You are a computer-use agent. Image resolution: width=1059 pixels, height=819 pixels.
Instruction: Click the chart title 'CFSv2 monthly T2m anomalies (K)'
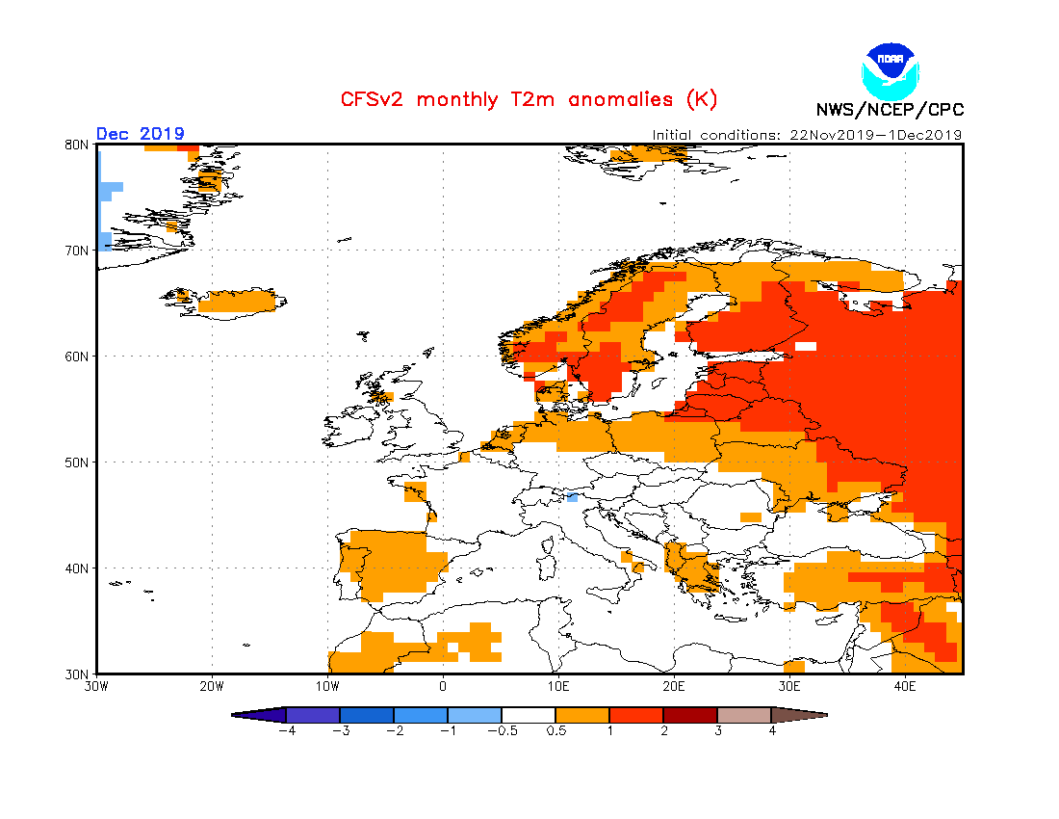529,99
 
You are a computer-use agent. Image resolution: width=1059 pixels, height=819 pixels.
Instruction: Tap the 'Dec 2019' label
140,134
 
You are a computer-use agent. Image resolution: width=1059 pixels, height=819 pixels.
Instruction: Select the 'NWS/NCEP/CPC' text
890,110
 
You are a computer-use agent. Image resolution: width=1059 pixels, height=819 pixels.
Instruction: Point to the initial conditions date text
807,135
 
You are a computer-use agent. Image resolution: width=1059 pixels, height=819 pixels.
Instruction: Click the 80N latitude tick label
77,145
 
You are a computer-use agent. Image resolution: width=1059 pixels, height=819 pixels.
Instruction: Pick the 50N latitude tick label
77,462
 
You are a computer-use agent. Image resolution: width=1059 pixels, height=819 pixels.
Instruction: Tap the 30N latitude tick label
77,674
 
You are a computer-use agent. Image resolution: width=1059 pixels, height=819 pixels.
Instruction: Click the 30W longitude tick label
96,687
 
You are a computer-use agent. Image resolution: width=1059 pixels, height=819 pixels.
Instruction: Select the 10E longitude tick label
558,687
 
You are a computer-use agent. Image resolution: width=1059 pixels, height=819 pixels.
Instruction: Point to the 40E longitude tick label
905,687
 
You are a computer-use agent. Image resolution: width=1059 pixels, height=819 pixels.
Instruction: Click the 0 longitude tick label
443,687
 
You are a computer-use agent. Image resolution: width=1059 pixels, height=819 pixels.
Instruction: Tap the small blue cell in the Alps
572,498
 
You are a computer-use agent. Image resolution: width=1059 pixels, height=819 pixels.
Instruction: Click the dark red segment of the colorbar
689,715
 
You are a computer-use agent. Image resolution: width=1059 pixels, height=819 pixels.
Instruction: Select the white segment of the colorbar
528,715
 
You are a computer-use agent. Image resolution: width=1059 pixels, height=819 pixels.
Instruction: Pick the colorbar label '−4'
286,731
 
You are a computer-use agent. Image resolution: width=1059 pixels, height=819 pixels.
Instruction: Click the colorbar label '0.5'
555,731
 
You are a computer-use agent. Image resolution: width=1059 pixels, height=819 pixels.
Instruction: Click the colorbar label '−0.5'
501,731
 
